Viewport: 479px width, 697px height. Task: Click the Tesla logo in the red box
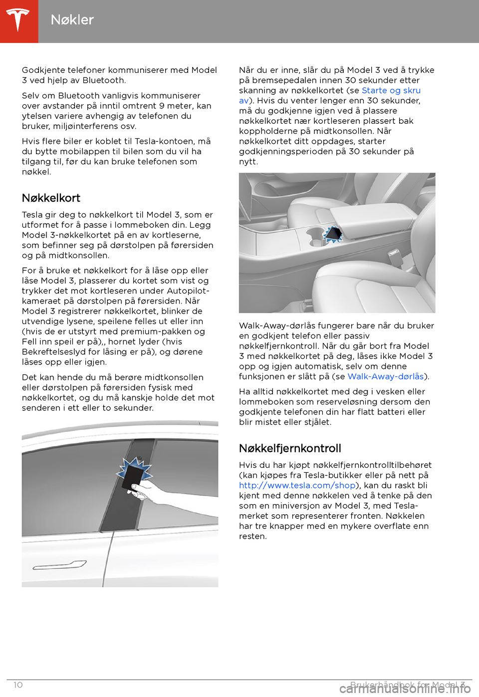click(18, 20)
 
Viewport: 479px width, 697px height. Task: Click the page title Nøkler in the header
click(72, 20)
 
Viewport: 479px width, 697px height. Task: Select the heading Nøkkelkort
click(51, 198)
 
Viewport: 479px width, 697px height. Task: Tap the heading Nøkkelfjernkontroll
click(290, 448)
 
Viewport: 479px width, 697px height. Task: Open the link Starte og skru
click(391, 90)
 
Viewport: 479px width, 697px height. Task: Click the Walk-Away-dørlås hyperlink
click(385, 376)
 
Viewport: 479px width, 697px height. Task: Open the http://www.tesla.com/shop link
click(297, 485)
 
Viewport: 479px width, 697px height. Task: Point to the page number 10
click(18, 685)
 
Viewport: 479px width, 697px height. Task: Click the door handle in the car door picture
click(60, 565)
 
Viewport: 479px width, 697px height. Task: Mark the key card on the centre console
click(333, 233)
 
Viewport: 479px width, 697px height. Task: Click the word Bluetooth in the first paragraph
click(104, 80)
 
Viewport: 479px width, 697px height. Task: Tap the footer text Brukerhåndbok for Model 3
click(407, 685)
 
